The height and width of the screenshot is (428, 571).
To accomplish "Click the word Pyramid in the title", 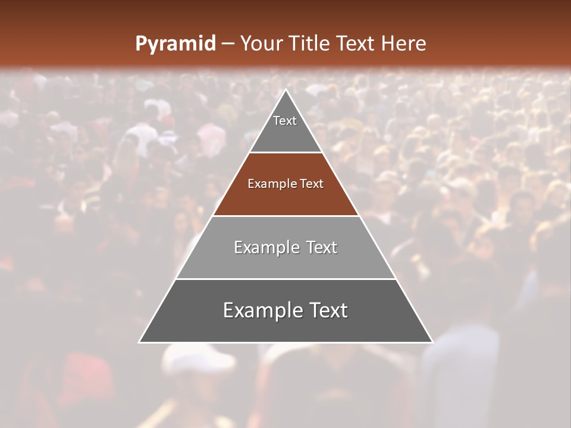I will (175, 44).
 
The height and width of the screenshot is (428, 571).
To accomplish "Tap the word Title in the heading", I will (310, 43).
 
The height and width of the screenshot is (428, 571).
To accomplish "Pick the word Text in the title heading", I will (357, 43).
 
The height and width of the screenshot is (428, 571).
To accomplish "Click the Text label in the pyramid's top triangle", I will (285, 121).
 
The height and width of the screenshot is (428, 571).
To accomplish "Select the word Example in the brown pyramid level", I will (270, 184).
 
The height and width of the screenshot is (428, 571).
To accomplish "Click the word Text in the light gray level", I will (320, 247).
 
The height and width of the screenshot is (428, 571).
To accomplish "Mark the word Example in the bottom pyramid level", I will (261, 310).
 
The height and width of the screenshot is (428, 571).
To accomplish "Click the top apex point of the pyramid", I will (285, 90).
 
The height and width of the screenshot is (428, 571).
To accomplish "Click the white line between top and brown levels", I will (285, 153).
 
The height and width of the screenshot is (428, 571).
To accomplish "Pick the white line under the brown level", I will (285, 216).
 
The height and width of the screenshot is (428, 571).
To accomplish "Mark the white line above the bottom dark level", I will (285, 279).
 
